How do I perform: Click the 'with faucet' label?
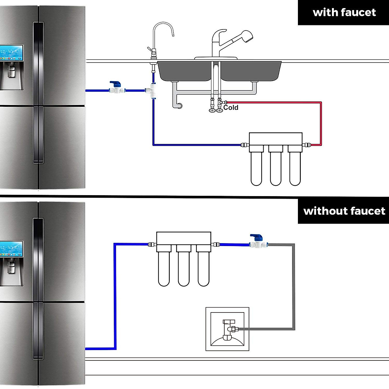click(344, 13)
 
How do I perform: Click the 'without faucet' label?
click(344, 211)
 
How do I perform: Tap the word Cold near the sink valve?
click(231, 108)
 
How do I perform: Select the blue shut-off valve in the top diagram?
click(114, 88)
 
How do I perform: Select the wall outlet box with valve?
click(227, 329)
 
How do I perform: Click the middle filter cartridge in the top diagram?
click(276, 169)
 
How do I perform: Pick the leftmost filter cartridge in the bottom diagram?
click(164, 269)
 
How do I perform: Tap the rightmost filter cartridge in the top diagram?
click(295, 169)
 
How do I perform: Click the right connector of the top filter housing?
click(306, 145)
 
